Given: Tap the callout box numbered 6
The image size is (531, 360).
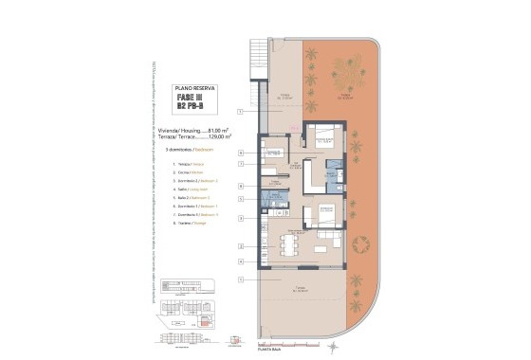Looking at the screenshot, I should [241, 153].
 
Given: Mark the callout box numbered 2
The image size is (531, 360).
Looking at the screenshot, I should [241, 246].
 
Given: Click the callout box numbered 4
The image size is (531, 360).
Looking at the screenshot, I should [241, 186].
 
